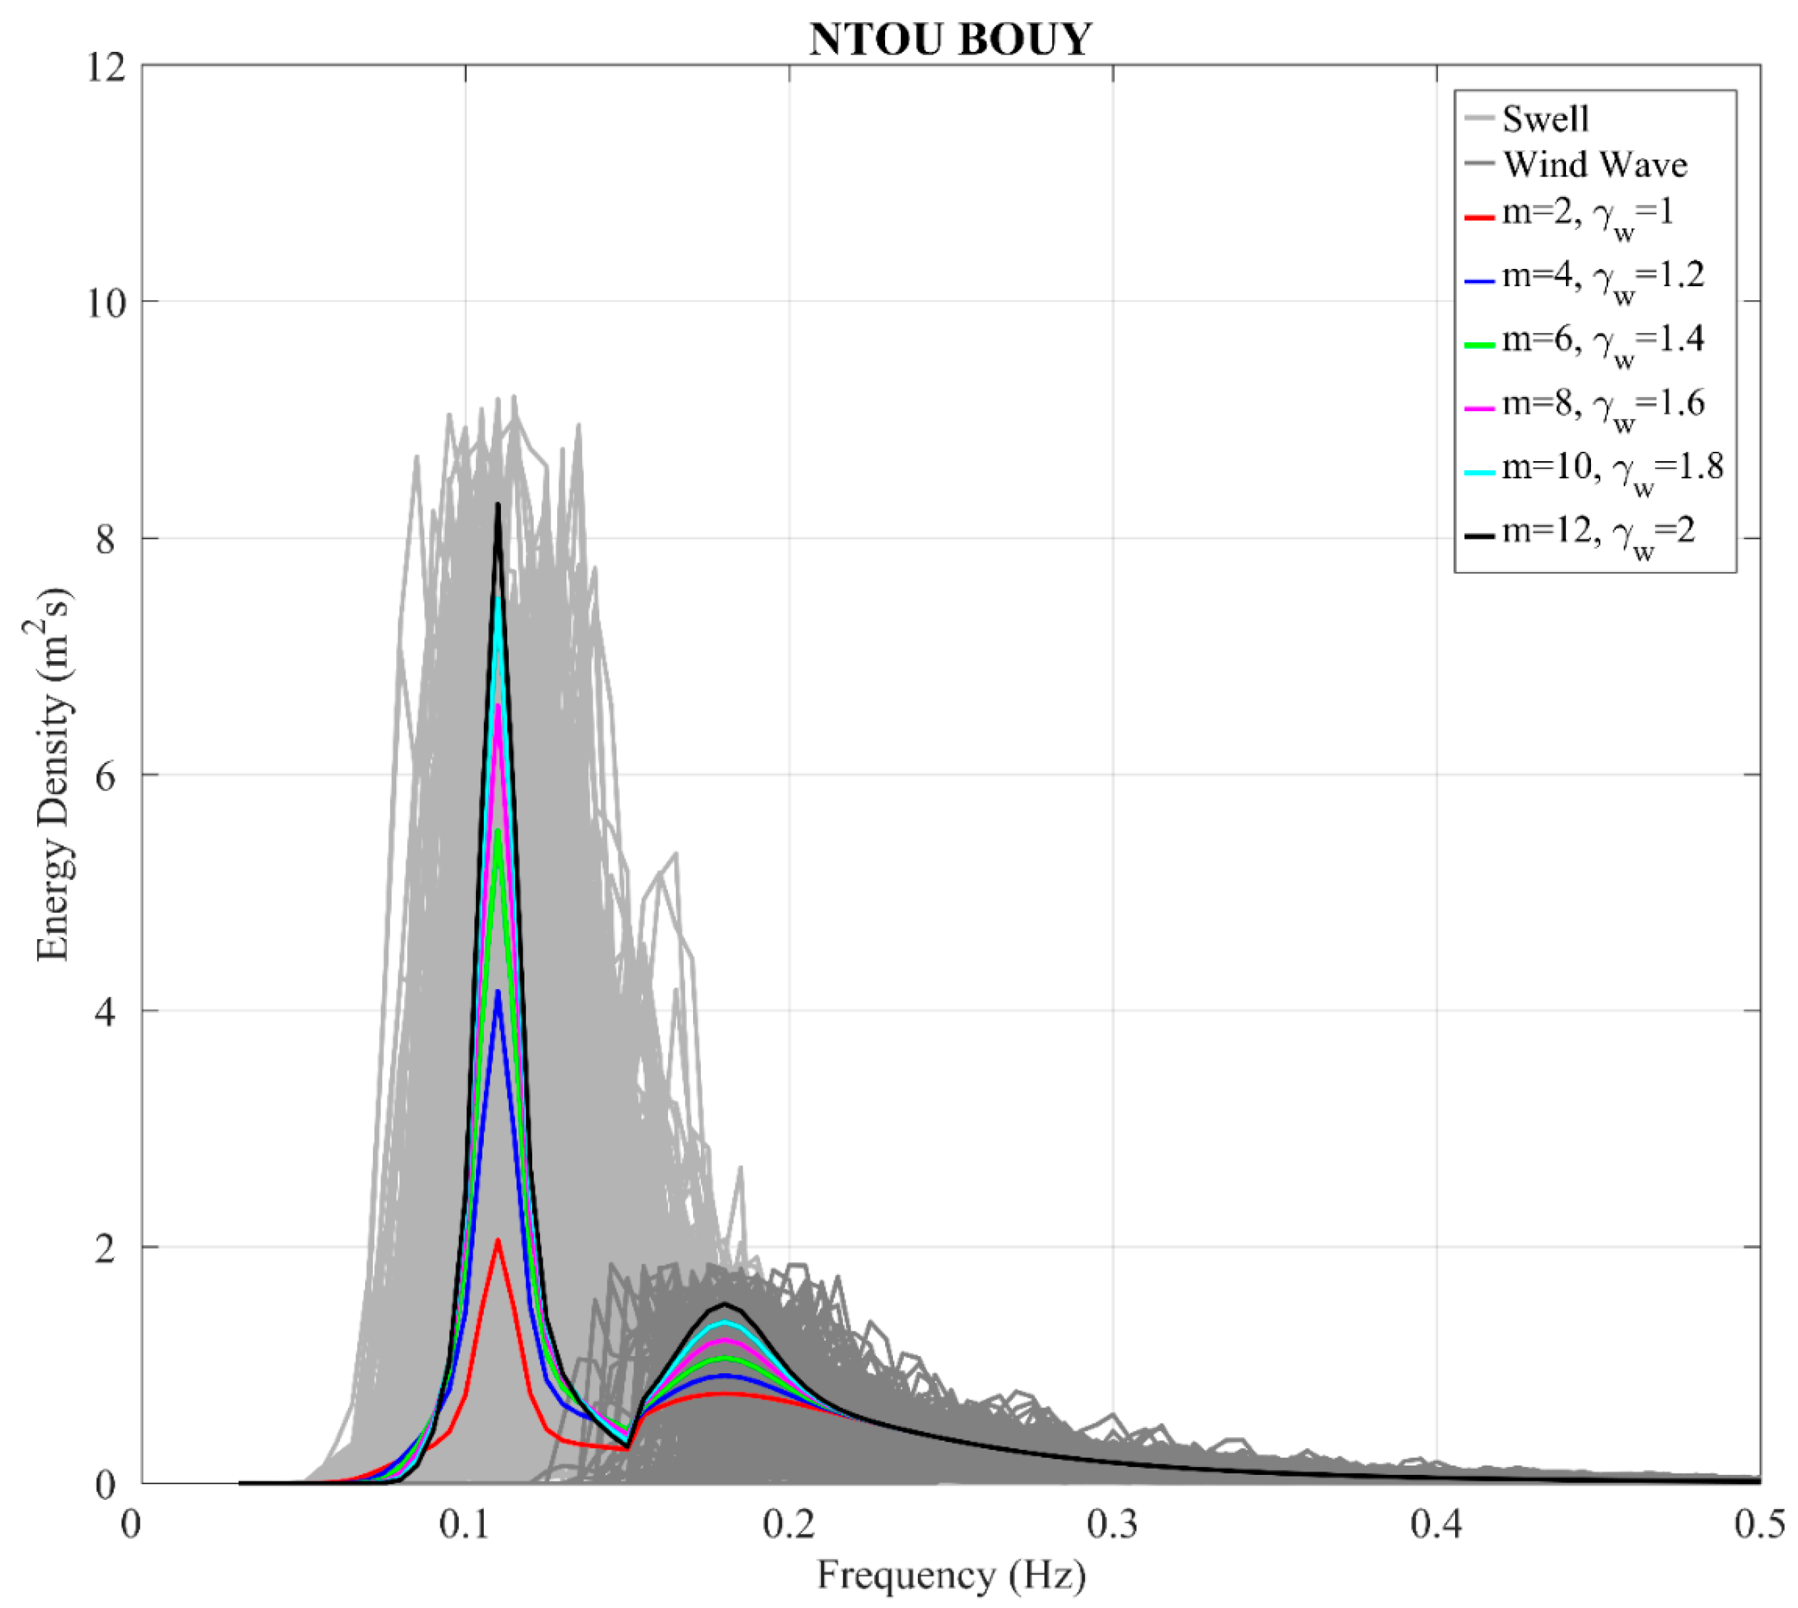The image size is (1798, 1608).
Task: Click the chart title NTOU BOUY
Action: [951, 40]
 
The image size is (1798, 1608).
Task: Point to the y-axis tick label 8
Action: [106, 539]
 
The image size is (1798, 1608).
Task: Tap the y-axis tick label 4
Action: [106, 1012]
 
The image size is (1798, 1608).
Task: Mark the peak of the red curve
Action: [498, 1239]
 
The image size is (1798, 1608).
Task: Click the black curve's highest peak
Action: [498, 504]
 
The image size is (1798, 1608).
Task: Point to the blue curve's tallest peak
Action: [498, 991]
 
